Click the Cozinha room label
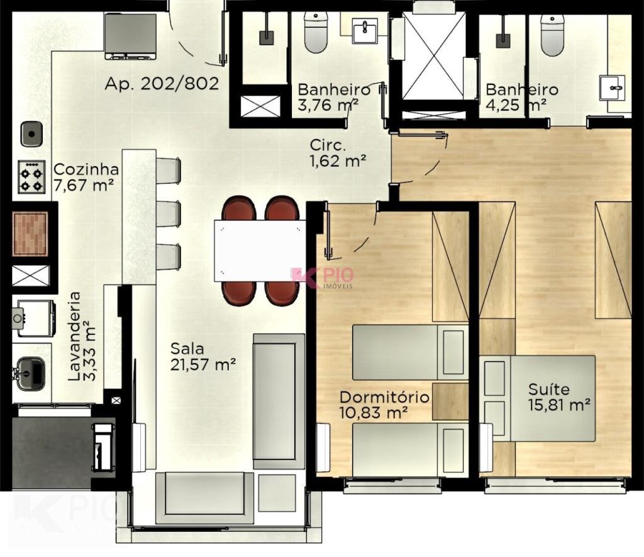coord(86,177)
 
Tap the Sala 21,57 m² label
coord(203,357)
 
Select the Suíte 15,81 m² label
coord(559,397)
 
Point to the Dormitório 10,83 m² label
coord(384,405)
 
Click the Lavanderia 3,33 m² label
coord(82,336)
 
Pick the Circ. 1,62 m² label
coord(338,153)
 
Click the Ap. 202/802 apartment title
coord(162,84)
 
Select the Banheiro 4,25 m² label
coord(521,98)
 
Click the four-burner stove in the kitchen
coord(31,177)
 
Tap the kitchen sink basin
coord(31,133)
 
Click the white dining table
coord(260,250)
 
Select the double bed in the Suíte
coord(538,398)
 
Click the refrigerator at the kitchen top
coord(131,36)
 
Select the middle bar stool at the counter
coord(169,213)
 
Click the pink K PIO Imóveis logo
coord(322,278)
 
